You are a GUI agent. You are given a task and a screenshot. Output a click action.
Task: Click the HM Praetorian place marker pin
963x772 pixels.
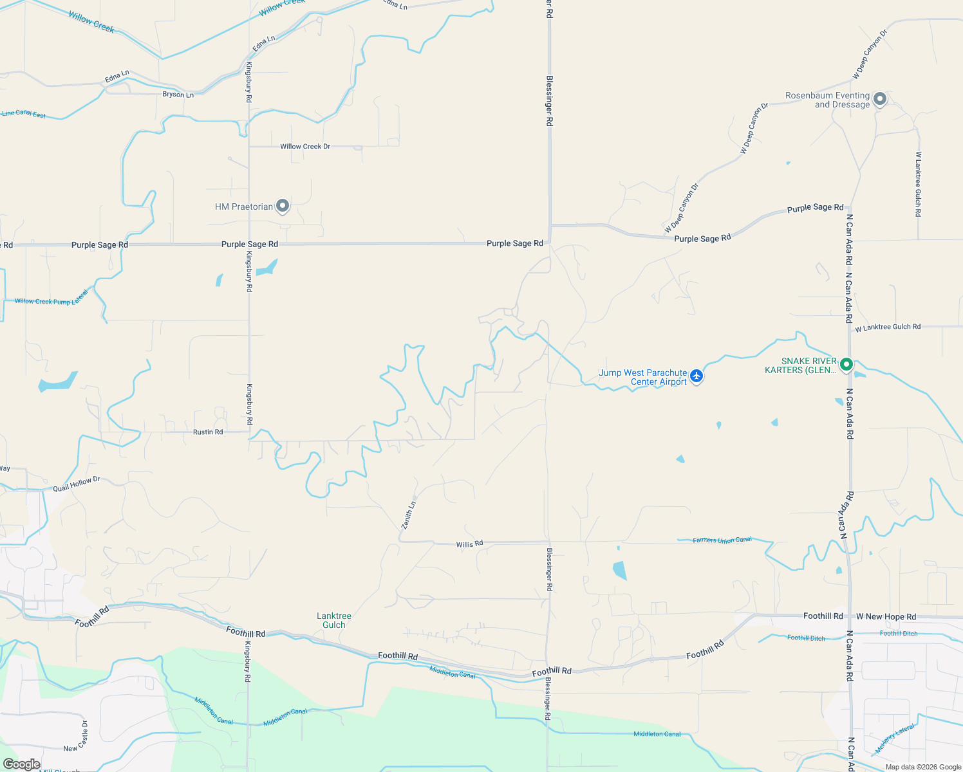[282, 206]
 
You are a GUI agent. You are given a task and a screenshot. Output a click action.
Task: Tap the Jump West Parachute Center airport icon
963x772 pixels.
[696, 376]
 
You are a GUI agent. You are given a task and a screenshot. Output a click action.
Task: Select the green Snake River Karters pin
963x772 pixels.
[846, 365]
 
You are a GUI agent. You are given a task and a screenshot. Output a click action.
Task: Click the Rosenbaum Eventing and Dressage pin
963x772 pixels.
[880, 99]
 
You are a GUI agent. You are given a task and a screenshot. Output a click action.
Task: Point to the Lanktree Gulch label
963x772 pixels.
[334, 620]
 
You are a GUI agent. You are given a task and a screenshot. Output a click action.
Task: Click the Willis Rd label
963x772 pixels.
[469, 544]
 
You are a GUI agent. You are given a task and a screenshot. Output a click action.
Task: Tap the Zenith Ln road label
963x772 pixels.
[409, 515]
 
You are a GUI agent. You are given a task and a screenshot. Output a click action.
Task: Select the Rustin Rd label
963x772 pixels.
[208, 432]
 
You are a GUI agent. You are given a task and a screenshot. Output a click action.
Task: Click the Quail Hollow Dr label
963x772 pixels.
[77, 484]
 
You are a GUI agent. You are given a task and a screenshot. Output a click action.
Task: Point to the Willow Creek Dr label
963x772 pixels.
[305, 147]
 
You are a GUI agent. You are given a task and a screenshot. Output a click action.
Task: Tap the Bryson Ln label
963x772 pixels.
[178, 95]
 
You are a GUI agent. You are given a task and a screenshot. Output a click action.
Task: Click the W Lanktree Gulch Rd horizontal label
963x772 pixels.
[888, 327]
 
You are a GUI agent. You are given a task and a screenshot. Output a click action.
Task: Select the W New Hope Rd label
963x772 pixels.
[886, 616]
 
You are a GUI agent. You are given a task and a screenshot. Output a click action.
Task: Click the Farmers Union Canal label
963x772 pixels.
[722, 540]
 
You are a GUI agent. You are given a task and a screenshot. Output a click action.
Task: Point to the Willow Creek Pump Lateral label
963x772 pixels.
[51, 300]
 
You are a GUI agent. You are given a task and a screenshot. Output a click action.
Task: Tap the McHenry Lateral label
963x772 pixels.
[895, 739]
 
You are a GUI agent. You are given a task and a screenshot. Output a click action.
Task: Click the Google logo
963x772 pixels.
[22, 764]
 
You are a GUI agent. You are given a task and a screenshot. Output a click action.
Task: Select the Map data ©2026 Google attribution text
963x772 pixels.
[922, 767]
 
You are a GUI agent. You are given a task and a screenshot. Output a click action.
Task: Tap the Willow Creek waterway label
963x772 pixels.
[91, 21]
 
